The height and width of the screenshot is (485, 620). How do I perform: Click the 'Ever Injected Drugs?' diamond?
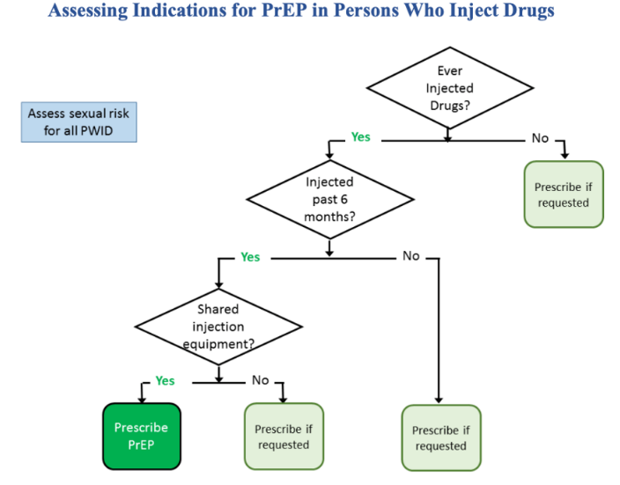coord(450,88)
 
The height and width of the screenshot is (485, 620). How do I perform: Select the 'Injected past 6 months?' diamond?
coord(329,199)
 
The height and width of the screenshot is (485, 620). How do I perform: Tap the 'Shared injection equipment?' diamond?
coord(218,327)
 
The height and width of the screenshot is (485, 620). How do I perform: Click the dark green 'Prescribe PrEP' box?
coord(142,437)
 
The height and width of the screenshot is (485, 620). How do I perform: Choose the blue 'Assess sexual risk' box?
coord(78,122)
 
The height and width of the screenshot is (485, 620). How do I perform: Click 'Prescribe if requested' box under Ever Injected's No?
coord(564,194)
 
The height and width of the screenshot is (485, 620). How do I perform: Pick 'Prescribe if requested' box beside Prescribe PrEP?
coord(284,437)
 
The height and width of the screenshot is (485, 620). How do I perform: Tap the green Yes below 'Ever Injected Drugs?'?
coord(360,136)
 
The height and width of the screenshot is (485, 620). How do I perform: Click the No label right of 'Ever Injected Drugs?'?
coord(540,138)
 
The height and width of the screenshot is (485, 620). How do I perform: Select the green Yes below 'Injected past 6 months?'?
coord(250,257)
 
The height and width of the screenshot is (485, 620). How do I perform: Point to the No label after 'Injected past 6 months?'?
coord(410,256)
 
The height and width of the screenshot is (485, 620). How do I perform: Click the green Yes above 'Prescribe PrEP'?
coord(165,380)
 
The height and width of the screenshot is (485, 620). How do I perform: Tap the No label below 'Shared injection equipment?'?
coord(260,380)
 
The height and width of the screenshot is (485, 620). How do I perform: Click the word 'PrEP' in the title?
coord(284,11)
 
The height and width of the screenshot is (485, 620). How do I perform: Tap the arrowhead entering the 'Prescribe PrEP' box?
coord(142,400)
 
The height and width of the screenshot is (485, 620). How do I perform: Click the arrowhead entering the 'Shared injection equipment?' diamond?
coord(218,285)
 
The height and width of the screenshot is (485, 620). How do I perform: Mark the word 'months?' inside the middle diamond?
coord(329,217)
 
